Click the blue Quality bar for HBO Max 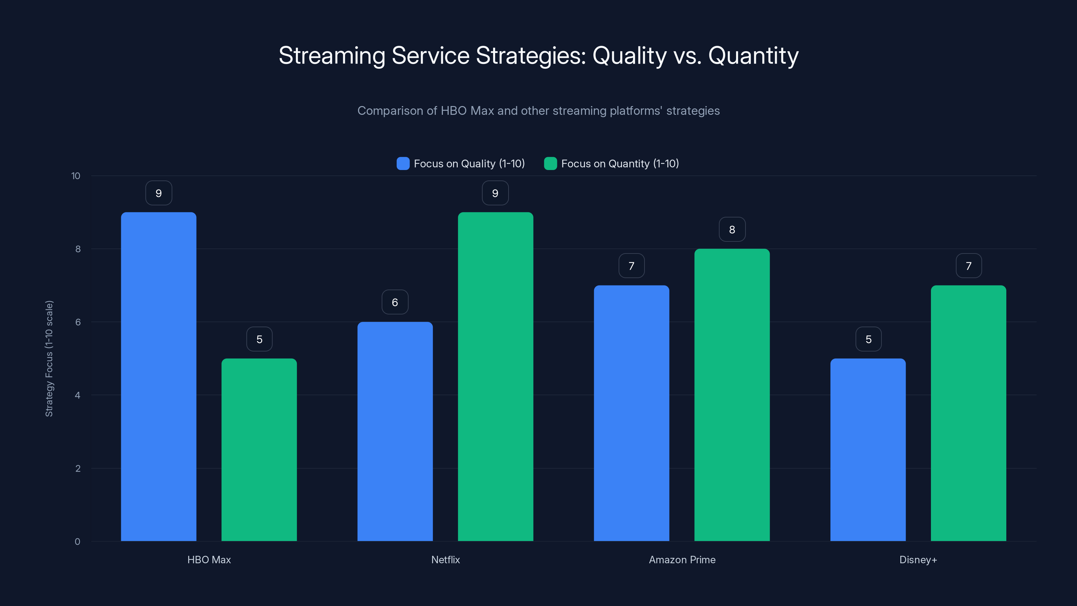pos(159,376)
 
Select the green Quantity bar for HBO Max pos(259,449)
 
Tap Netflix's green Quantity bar pos(495,376)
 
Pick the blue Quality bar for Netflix pos(395,431)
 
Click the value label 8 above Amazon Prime pos(732,229)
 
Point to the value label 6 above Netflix pos(395,302)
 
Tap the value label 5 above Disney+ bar pos(868,339)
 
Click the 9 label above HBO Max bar pos(159,193)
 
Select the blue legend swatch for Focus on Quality pos(403,164)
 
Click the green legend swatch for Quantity pos(550,164)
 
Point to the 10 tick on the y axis pos(76,176)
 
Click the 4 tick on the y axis pos(77,395)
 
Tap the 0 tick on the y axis pos(77,542)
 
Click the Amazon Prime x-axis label pos(682,560)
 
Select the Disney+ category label pos(918,560)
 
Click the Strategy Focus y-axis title pos(49,359)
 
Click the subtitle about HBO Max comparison pos(538,111)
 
